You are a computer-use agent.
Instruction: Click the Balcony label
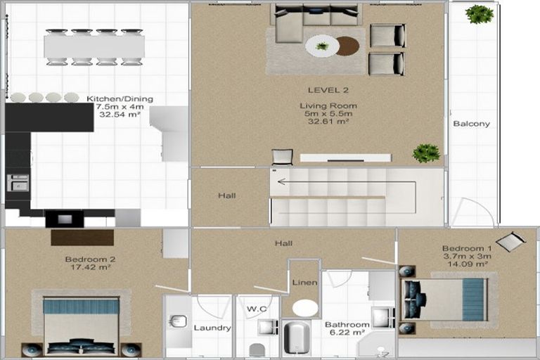pos(471,124)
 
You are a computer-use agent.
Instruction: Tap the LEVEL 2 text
pos(328,90)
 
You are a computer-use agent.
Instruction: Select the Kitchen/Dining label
pos(120,99)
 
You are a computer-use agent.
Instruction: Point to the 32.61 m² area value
pos(328,121)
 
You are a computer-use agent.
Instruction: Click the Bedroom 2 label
pos(90,259)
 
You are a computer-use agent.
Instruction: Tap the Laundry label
pos(212,328)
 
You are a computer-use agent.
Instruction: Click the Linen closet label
pos(304,283)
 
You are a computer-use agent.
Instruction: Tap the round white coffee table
pos(322,46)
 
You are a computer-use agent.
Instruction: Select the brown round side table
pos(347,46)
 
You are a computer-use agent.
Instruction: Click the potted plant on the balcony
pos(479,14)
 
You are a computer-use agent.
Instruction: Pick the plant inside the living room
pos(426,153)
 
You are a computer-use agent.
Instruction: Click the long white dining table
pos(94,47)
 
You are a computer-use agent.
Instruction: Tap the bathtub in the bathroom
pos(297,338)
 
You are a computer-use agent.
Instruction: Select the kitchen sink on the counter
pos(18,182)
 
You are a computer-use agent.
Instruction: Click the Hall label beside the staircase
pos(226,196)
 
